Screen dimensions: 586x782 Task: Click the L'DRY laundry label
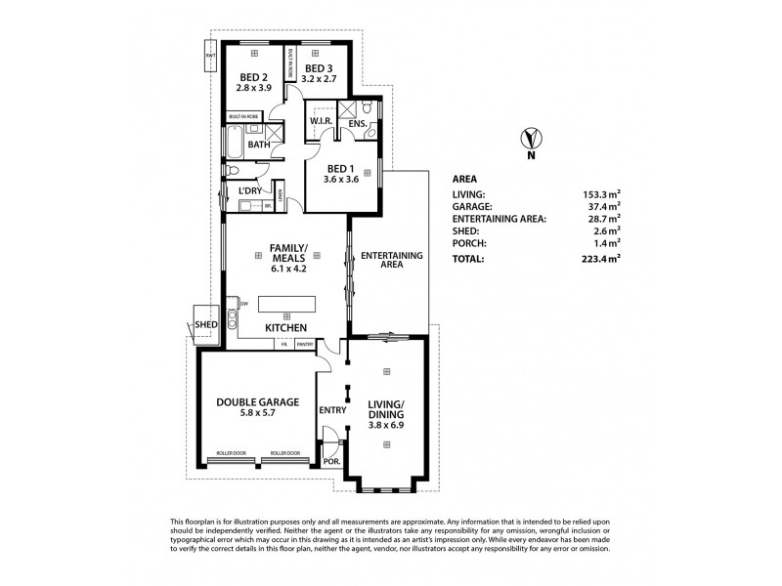(251, 190)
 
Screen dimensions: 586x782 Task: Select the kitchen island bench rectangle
(286, 303)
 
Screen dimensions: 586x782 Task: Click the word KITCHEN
(286, 327)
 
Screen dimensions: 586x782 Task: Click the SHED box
(204, 324)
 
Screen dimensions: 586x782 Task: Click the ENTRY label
(332, 410)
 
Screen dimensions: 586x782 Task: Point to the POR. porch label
(330, 462)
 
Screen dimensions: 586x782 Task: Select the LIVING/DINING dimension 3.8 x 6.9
(386, 425)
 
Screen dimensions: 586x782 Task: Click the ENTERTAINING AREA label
(392, 260)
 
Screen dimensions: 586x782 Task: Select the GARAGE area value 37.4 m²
(604, 207)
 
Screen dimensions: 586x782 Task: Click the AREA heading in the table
(464, 179)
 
